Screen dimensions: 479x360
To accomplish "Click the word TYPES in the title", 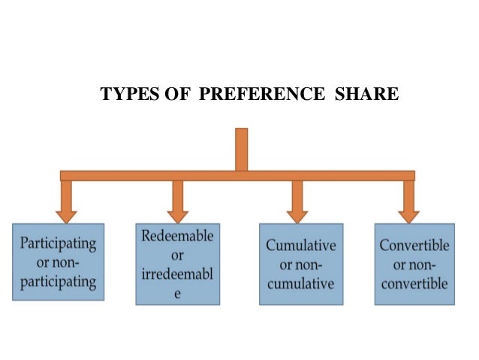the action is [124, 96].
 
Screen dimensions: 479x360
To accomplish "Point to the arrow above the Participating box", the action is [66, 201].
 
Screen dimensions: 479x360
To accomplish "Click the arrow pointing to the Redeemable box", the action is [178, 201].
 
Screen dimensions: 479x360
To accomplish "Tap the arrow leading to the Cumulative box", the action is [297, 201].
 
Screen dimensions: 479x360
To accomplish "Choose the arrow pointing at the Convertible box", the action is [409, 201].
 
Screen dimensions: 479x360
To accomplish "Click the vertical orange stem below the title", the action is [241, 150].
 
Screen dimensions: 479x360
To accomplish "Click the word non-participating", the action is [59, 282].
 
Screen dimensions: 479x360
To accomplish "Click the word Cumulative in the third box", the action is [301, 246].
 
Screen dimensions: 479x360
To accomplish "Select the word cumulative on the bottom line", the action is [301, 284].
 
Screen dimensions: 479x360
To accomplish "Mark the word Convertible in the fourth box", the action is [414, 246].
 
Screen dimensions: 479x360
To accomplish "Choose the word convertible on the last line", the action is [414, 284].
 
